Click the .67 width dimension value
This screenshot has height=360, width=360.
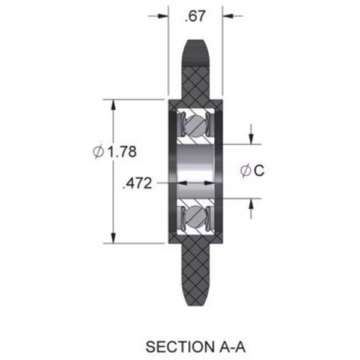[194, 16]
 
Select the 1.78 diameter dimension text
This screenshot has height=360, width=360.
[122, 152]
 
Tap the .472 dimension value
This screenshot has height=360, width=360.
[137, 184]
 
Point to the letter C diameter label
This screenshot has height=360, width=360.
[259, 170]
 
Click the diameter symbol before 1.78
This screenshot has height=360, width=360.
[98, 152]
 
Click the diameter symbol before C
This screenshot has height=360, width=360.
[245, 170]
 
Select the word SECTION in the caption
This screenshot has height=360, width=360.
[180, 347]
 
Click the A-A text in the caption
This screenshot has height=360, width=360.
[233, 347]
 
